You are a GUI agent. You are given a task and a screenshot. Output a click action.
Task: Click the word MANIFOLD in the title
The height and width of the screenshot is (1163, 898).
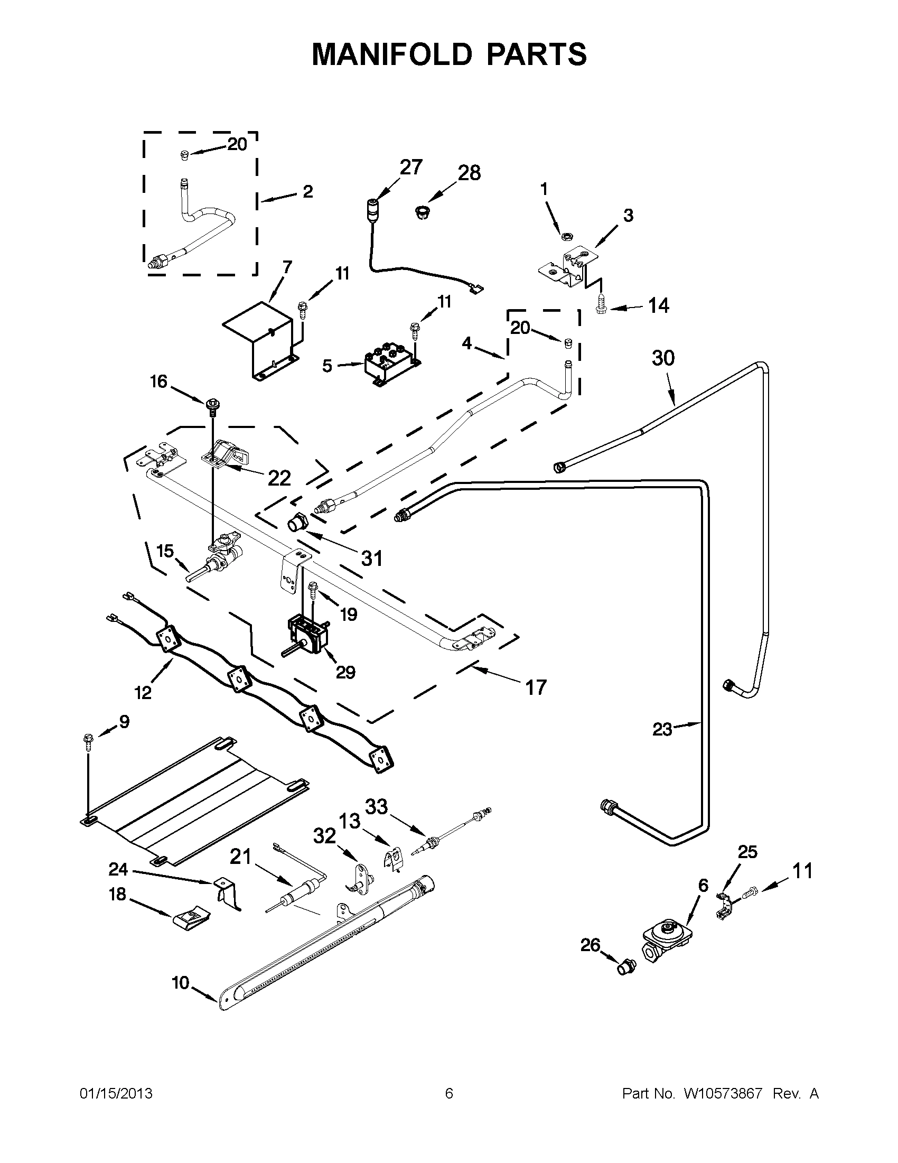(391, 54)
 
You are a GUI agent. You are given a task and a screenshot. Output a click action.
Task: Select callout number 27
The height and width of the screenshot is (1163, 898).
(411, 168)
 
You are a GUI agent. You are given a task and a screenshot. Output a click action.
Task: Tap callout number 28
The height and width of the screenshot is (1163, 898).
(469, 173)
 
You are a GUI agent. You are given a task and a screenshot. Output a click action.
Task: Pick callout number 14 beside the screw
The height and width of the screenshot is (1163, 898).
(658, 306)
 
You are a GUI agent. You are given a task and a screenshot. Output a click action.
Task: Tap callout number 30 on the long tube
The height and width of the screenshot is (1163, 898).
(663, 358)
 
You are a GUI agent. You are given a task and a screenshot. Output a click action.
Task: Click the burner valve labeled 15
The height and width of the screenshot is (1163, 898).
(219, 557)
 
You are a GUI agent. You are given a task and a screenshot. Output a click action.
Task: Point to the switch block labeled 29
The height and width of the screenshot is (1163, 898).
(306, 632)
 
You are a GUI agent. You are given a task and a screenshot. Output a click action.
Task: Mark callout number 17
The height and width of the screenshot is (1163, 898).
(536, 687)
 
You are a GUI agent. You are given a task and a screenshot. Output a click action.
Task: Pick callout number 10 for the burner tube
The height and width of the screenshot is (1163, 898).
(181, 982)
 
